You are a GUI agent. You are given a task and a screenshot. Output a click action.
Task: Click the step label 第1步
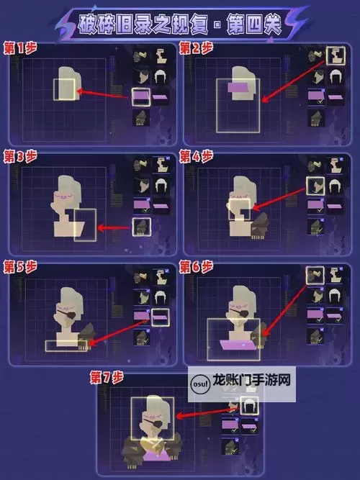pyautogui.click(x=20, y=48)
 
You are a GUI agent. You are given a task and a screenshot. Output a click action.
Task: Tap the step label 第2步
pyautogui.click(x=196, y=48)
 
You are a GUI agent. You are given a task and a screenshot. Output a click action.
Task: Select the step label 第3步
pyautogui.click(x=20, y=156)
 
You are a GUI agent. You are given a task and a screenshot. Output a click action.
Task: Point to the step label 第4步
pyautogui.click(x=196, y=156)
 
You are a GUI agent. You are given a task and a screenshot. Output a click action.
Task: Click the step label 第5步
pyautogui.click(x=20, y=267)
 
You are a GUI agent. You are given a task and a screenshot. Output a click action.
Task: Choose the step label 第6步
pyautogui.click(x=196, y=267)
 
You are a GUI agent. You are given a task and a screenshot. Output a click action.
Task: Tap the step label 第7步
pyautogui.click(x=107, y=377)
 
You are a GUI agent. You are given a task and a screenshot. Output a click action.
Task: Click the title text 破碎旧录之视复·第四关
pyautogui.click(x=179, y=24)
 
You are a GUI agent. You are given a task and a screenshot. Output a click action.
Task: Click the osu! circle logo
pyautogui.click(x=200, y=384)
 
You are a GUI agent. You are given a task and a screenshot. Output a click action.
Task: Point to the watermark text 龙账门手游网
pyautogui.click(x=251, y=381)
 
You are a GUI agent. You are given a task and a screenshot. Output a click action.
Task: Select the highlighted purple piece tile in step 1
pyautogui.click(x=141, y=96)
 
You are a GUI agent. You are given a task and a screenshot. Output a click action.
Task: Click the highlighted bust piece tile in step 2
pyautogui.click(x=336, y=55)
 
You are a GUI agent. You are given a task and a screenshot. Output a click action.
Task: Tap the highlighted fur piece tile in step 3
pyautogui.click(x=142, y=227)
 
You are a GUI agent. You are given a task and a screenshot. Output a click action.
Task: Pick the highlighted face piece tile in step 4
pyautogui.click(x=315, y=186)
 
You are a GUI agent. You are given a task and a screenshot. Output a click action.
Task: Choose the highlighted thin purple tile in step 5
pyautogui.click(x=161, y=317)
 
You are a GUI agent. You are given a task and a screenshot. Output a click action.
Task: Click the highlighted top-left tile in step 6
pyautogui.click(x=315, y=275)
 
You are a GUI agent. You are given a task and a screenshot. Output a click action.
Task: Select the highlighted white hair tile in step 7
pyautogui.click(x=249, y=406)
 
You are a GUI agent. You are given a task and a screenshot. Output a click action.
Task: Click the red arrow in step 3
pyautogui.click(x=114, y=227)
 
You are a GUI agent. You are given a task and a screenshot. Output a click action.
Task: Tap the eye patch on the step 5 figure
pyautogui.click(x=68, y=314)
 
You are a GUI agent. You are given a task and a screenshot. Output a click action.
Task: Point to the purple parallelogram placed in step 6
pyautogui.click(x=238, y=345)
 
